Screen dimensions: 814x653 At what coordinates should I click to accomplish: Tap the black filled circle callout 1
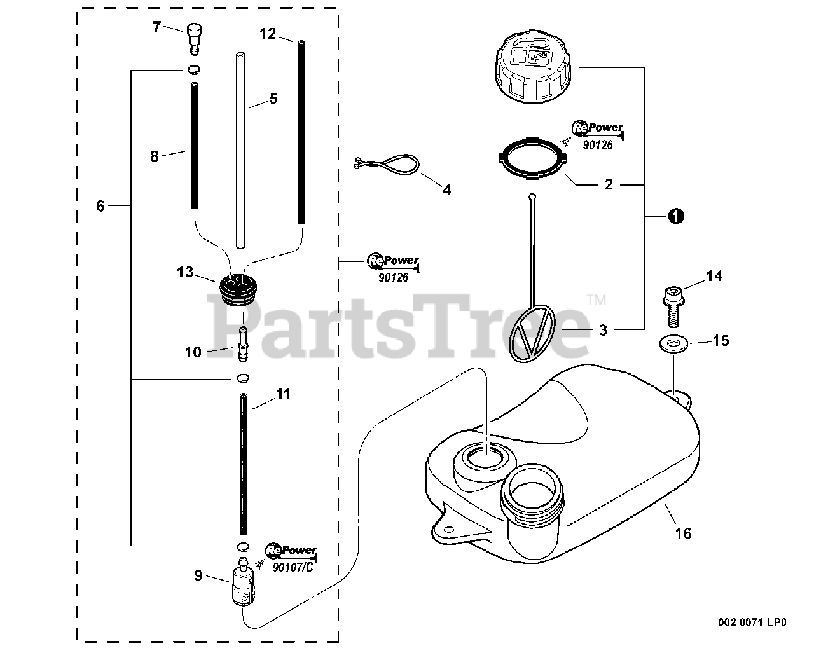coord(676,216)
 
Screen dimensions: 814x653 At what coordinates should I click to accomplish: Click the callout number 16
coord(684,533)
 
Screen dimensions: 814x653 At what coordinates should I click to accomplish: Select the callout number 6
coord(100,205)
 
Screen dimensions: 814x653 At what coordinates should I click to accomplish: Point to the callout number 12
coord(268,34)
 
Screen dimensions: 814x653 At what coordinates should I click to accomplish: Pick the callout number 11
coord(283,395)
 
